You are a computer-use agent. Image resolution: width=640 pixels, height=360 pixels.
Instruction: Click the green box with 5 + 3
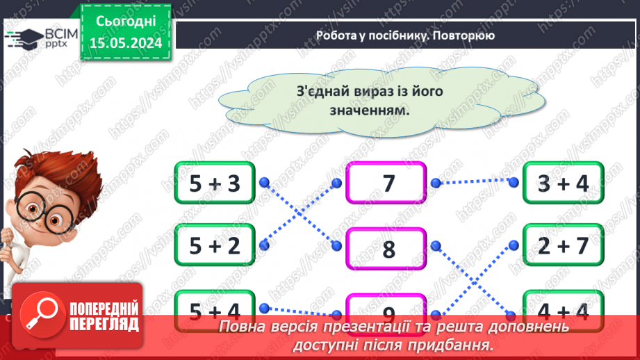215,183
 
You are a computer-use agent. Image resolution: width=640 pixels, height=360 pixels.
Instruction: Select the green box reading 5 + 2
215,245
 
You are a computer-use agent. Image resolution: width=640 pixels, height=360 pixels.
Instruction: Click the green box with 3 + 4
564,183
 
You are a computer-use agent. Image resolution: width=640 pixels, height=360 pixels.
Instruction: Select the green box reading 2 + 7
564,245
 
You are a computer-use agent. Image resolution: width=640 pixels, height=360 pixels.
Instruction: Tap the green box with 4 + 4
564,310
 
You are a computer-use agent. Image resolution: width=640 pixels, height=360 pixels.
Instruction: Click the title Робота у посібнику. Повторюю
405,35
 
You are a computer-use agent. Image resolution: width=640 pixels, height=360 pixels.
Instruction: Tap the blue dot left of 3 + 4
514,183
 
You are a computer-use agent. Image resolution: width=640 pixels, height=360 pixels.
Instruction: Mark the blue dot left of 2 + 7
514,245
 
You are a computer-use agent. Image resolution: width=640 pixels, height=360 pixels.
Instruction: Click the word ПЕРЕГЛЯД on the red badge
105,323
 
